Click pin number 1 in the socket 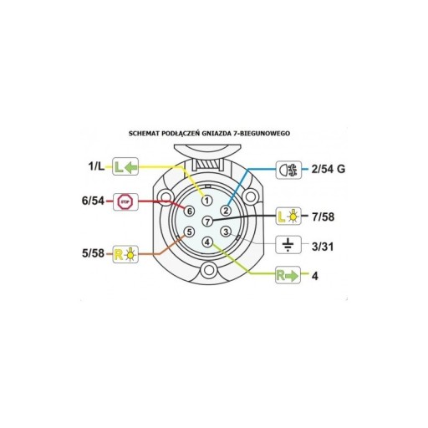(206, 200)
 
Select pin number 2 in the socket (226, 211)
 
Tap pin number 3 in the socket (226, 232)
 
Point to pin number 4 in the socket (207, 242)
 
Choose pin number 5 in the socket (189, 232)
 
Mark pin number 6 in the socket (189, 211)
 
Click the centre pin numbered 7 (207, 222)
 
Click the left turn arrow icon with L (125, 166)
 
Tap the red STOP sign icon (125, 201)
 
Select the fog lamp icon (288, 170)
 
